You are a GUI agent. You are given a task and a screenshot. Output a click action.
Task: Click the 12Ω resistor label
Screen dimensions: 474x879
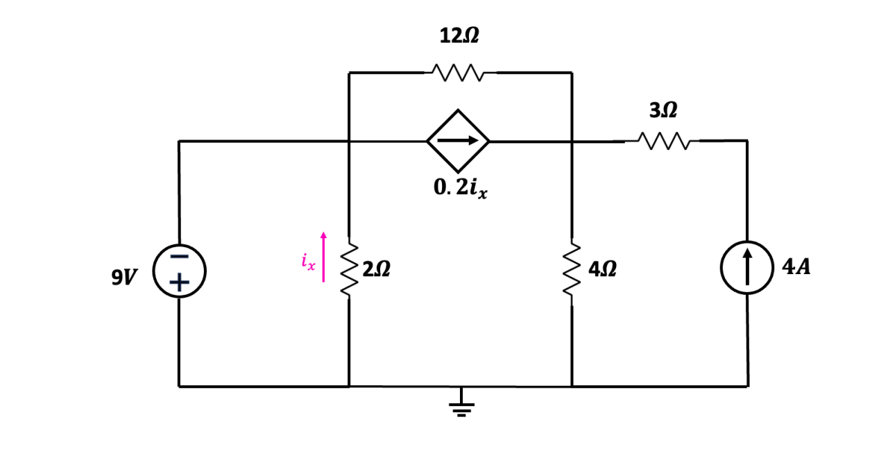(x=459, y=37)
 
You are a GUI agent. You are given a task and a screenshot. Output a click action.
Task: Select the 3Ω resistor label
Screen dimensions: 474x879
(x=663, y=110)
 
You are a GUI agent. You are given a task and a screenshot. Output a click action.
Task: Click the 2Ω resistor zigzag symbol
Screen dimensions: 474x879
(x=349, y=269)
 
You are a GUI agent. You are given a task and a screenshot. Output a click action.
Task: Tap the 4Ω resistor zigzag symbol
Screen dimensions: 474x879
(x=572, y=269)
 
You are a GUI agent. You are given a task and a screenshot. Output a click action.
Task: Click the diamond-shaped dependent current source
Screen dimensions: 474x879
(x=458, y=141)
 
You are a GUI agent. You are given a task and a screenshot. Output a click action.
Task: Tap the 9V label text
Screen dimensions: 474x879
(x=124, y=277)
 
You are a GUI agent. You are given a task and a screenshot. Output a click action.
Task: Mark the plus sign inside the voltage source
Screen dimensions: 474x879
(x=179, y=282)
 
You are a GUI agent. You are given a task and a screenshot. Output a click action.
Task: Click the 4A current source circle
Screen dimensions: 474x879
(x=747, y=268)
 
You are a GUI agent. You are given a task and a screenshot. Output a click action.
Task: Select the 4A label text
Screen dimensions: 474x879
(x=796, y=267)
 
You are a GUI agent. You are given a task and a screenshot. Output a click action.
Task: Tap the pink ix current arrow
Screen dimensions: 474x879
(x=323, y=257)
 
